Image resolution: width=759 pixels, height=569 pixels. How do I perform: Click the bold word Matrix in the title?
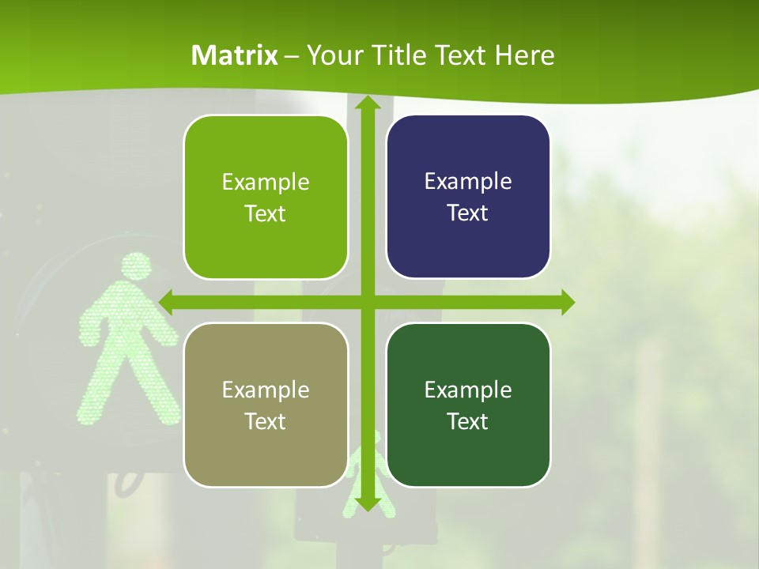(235, 55)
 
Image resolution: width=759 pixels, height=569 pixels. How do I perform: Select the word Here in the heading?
(525, 55)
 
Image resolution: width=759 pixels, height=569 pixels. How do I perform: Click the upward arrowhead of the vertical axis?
(367, 103)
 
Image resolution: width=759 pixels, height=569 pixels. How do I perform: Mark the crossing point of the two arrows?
(367, 302)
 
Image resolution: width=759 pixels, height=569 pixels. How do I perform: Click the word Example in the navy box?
(468, 181)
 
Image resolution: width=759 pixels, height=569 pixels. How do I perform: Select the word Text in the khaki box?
(266, 421)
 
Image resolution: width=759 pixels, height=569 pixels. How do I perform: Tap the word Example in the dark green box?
(468, 390)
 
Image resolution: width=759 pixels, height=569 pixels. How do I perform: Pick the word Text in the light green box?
(266, 213)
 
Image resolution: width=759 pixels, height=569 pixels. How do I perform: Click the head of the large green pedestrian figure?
(137, 266)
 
